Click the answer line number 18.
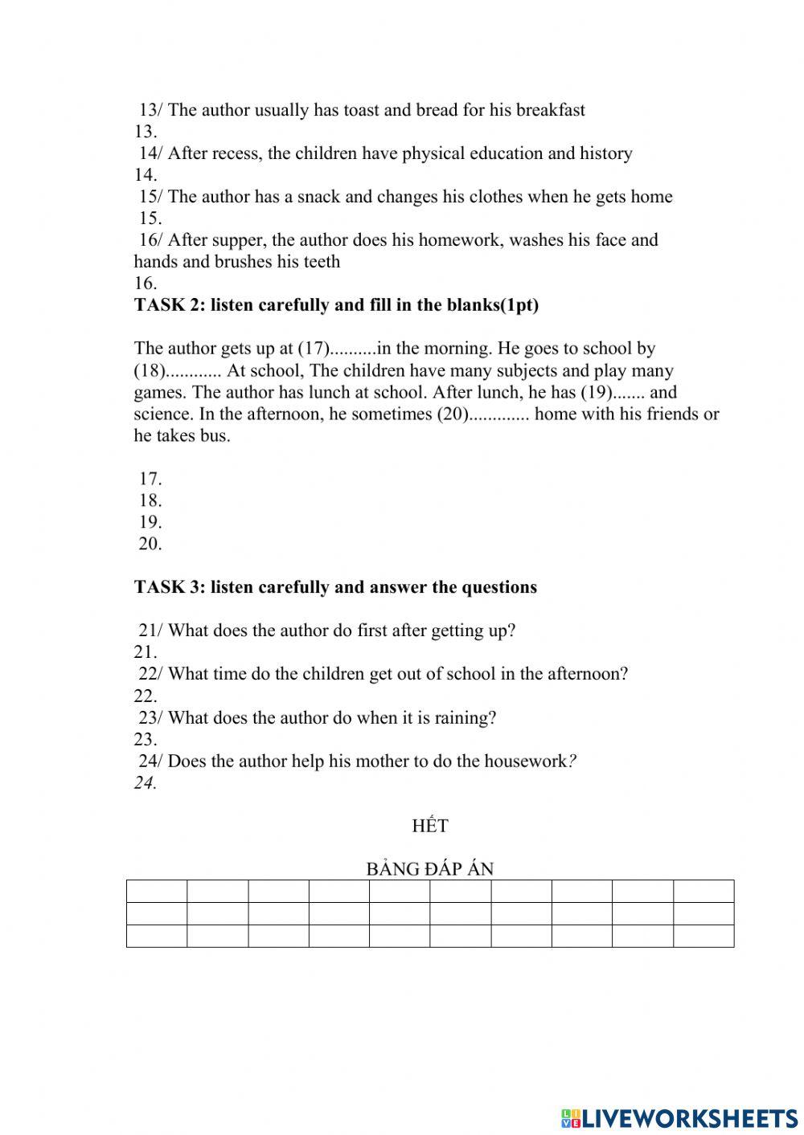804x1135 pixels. pyautogui.click(x=150, y=500)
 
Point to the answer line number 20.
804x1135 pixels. pyautogui.click(x=150, y=544)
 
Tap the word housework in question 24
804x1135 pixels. pyautogui.click(x=527, y=761)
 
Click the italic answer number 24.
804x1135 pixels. pyautogui.click(x=145, y=783)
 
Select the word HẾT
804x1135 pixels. pyautogui.click(x=429, y=826)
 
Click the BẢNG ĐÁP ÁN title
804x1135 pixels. pyautogui.click(x=429, y=869)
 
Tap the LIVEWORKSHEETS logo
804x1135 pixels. pyautogui.click(x=679, y=1117)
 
